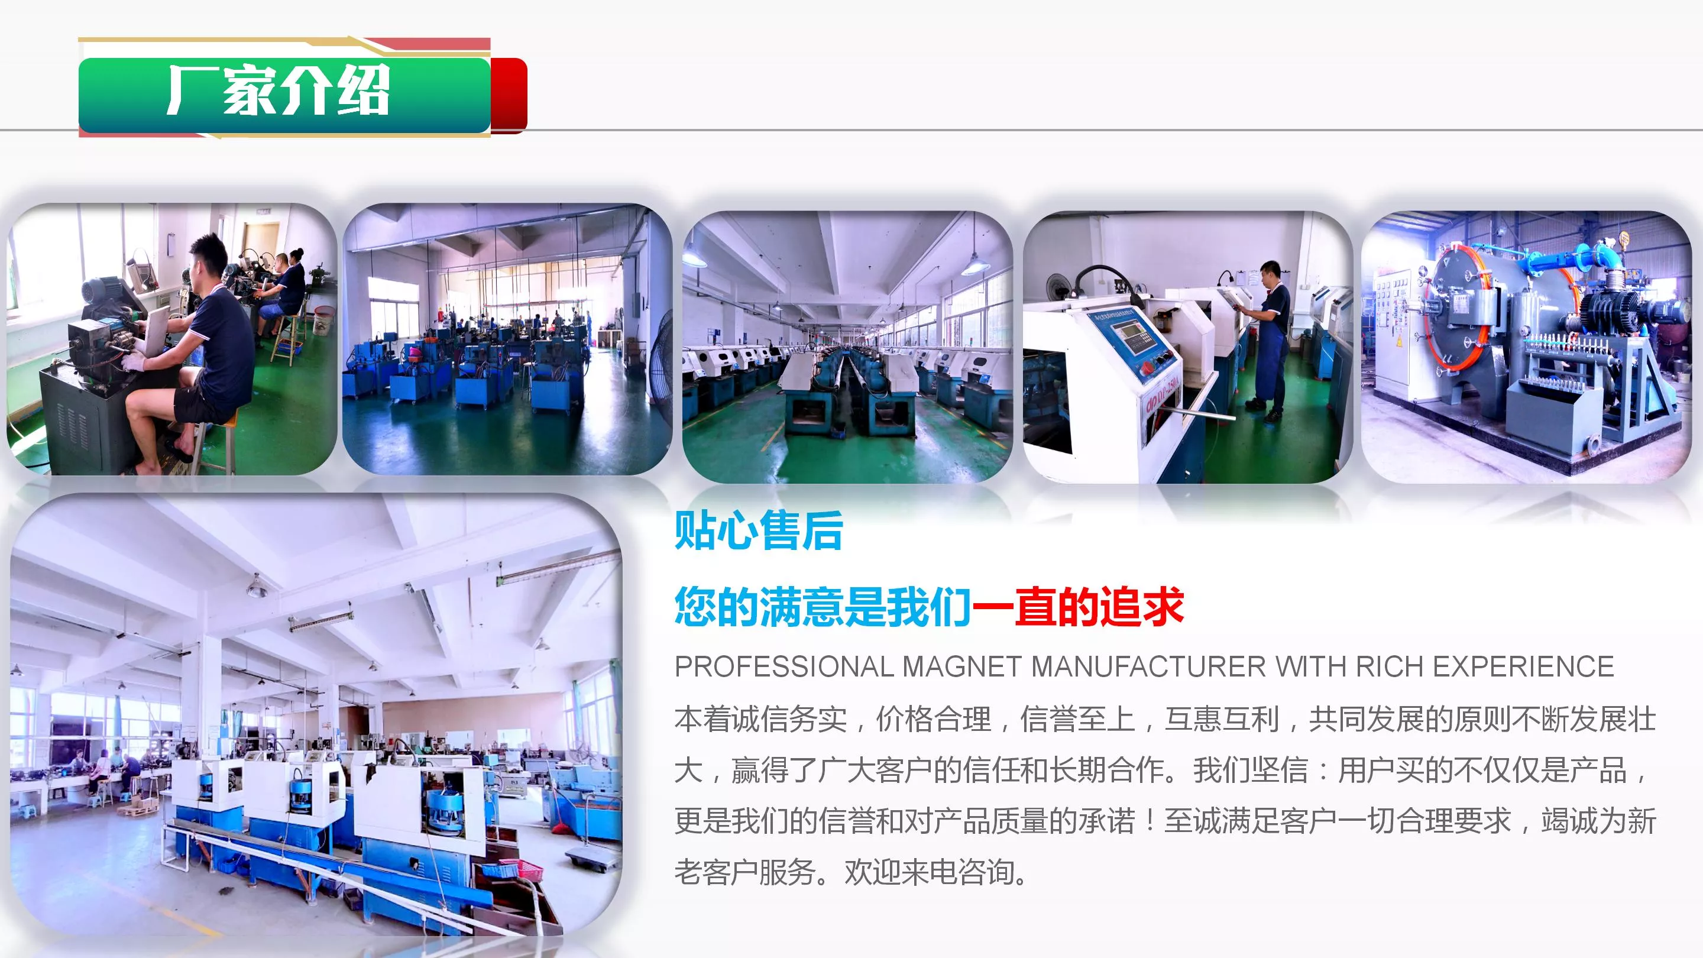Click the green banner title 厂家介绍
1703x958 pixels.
pos(278,90)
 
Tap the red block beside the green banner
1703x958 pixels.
pos(509,95)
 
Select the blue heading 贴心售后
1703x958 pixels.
pos(758,530)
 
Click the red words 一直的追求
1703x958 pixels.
pos(1077,606)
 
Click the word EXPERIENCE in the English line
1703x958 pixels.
pos(1523,666)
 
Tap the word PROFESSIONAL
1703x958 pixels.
pos(784,666)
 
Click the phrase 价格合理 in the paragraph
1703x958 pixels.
pos(934,718)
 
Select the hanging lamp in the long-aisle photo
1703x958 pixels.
pos(975,264)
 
